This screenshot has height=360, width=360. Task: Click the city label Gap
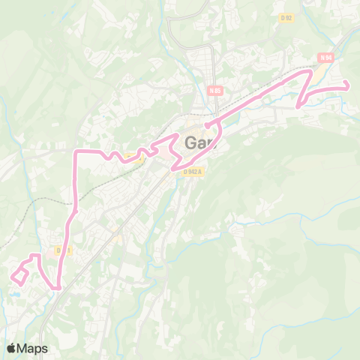[199, 142]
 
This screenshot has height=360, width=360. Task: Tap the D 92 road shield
[286, 18]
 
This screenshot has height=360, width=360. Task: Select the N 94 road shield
[325, 57]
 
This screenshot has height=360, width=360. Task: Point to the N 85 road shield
[216, 91]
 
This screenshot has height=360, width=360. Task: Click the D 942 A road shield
[193, 170]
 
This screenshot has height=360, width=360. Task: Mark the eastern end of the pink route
[347, 88]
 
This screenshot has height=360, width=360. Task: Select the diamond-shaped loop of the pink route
[19, 275]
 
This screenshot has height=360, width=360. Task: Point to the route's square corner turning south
[75, 152]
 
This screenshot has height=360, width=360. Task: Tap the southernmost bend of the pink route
[57, 287]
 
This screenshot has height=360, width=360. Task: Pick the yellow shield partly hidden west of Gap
[134, 156]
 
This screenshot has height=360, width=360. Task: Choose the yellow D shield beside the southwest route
[61, 250]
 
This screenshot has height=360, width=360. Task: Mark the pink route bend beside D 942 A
[176, 166]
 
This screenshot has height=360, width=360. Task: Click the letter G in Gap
[190, 142]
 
